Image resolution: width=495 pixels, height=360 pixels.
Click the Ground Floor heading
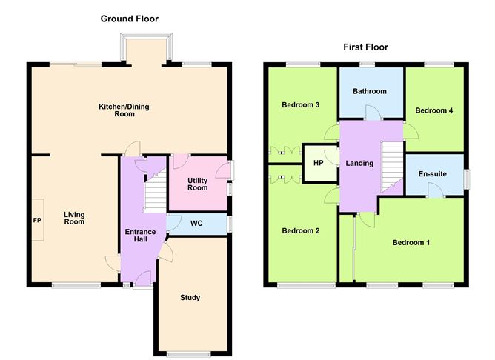coord(130,19)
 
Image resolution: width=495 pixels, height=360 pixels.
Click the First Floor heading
coord(365,47)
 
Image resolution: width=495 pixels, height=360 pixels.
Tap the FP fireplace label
coord(36,221)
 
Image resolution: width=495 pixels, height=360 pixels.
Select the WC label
coord(196,224)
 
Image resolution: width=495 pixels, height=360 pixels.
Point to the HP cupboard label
coord(318,163)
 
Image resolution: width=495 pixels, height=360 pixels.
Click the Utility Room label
coord(197,184)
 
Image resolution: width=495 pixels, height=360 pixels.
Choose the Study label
coord(190,298)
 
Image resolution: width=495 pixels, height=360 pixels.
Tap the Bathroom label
coord(369,92)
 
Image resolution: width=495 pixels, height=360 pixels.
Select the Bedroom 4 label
coord(433,110)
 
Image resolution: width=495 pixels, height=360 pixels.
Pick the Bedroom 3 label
coord(300,105)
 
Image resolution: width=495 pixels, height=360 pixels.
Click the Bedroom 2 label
coord(300,230)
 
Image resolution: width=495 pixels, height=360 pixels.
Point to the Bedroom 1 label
coord(411,243)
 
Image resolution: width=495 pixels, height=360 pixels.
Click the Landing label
coord(359,164)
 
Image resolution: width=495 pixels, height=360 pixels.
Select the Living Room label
coord(74,219)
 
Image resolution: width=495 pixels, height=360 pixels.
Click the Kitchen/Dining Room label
coord(124,110)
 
